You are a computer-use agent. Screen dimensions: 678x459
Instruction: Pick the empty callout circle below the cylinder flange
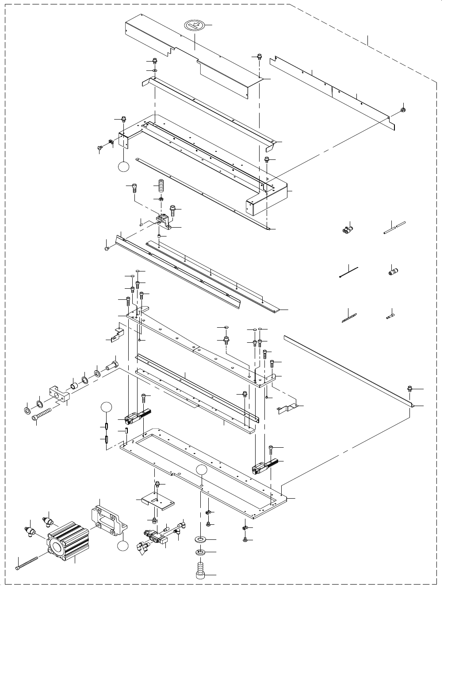coord(123,547)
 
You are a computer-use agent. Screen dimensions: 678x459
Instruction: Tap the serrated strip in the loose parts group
coord(349,317)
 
